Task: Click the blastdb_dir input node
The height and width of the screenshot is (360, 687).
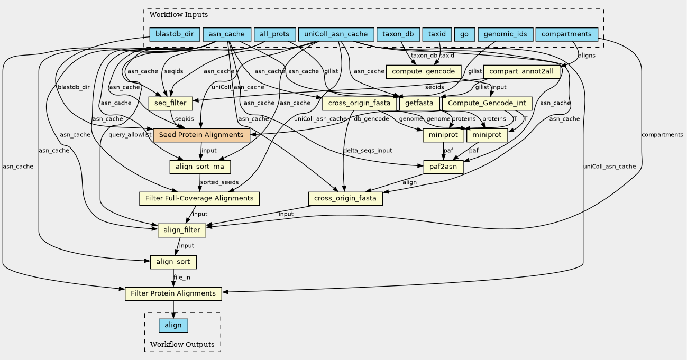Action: (175, 35)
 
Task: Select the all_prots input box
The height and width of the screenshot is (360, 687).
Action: (274, 35)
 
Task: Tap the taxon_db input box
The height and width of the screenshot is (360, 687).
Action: (398, 35)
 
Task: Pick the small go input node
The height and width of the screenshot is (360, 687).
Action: (464, 35)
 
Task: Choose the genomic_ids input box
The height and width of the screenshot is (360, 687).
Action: (505, 35)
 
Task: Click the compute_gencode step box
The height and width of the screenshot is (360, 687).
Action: (424, 71)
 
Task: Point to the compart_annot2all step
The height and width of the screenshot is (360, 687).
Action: (521, 71)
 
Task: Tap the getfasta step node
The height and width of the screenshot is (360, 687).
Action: (419, 103)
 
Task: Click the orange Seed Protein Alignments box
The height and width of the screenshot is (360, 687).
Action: (201, 135)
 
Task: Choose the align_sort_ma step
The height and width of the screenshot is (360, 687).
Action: (200, 167)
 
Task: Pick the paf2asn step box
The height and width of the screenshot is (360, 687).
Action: (444, 167)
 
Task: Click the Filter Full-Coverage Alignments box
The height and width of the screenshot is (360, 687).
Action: (199, 199)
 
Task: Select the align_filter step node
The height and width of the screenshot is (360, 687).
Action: (181, 230)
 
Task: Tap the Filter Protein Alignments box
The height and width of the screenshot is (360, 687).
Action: (173, 293)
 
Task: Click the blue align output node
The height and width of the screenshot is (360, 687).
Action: (173, 325)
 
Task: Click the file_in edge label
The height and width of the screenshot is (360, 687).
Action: (182, 278)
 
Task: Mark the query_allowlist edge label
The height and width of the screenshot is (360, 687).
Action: (130, 135)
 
